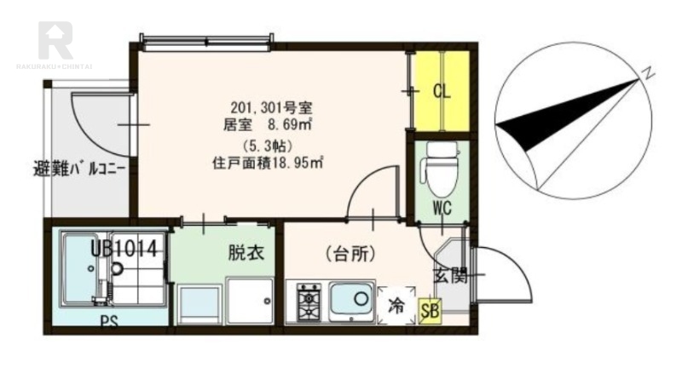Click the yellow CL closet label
click(442, 90)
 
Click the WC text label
click(442, 209)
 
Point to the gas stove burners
click(309, 301)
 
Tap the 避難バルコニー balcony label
click(80, 168)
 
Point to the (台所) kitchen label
click(350, 253)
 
